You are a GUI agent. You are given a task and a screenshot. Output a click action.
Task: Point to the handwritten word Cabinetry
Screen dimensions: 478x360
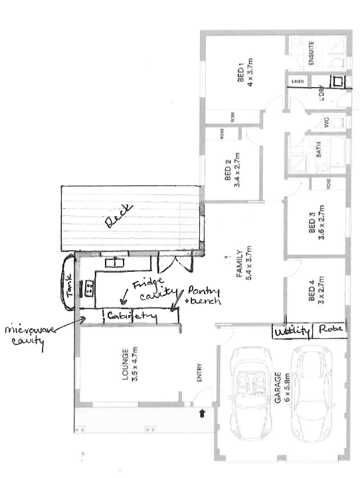click(132, 316)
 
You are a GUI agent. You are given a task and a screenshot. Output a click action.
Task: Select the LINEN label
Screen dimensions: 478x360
click(297, 82)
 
